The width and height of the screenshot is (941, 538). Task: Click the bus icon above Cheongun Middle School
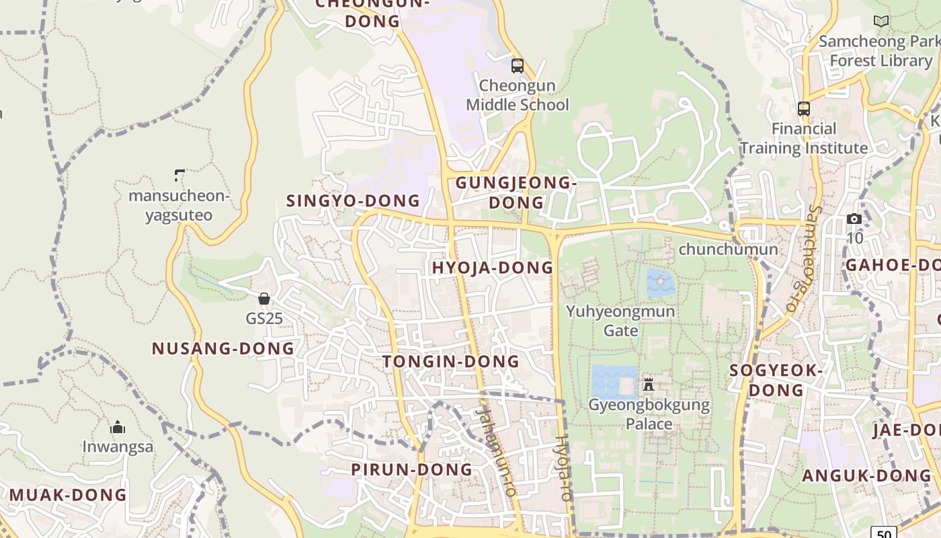(517, 66)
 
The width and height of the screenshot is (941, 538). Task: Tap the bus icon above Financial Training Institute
(803, 108)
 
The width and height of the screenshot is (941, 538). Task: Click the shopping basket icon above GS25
(264, 298)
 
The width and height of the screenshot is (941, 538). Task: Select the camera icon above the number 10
(854, 219)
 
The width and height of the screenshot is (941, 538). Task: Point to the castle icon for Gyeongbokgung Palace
(648, 385)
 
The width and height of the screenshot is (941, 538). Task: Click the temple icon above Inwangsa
(118, 427)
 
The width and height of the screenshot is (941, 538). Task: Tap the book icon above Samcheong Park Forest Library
(881, 21)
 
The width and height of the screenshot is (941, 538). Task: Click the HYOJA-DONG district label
(493, 268)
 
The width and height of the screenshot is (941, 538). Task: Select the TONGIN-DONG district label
(451, 361)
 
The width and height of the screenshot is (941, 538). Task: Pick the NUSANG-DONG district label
(223, 348)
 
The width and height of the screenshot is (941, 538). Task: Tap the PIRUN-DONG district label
(412, 469)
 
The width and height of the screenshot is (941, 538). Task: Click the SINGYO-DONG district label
(353, 200)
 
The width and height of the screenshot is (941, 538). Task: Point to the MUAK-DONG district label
(68, 495)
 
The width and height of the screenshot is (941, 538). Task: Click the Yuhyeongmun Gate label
(620, 321)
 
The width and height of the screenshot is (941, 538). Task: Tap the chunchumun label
(728, 249)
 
